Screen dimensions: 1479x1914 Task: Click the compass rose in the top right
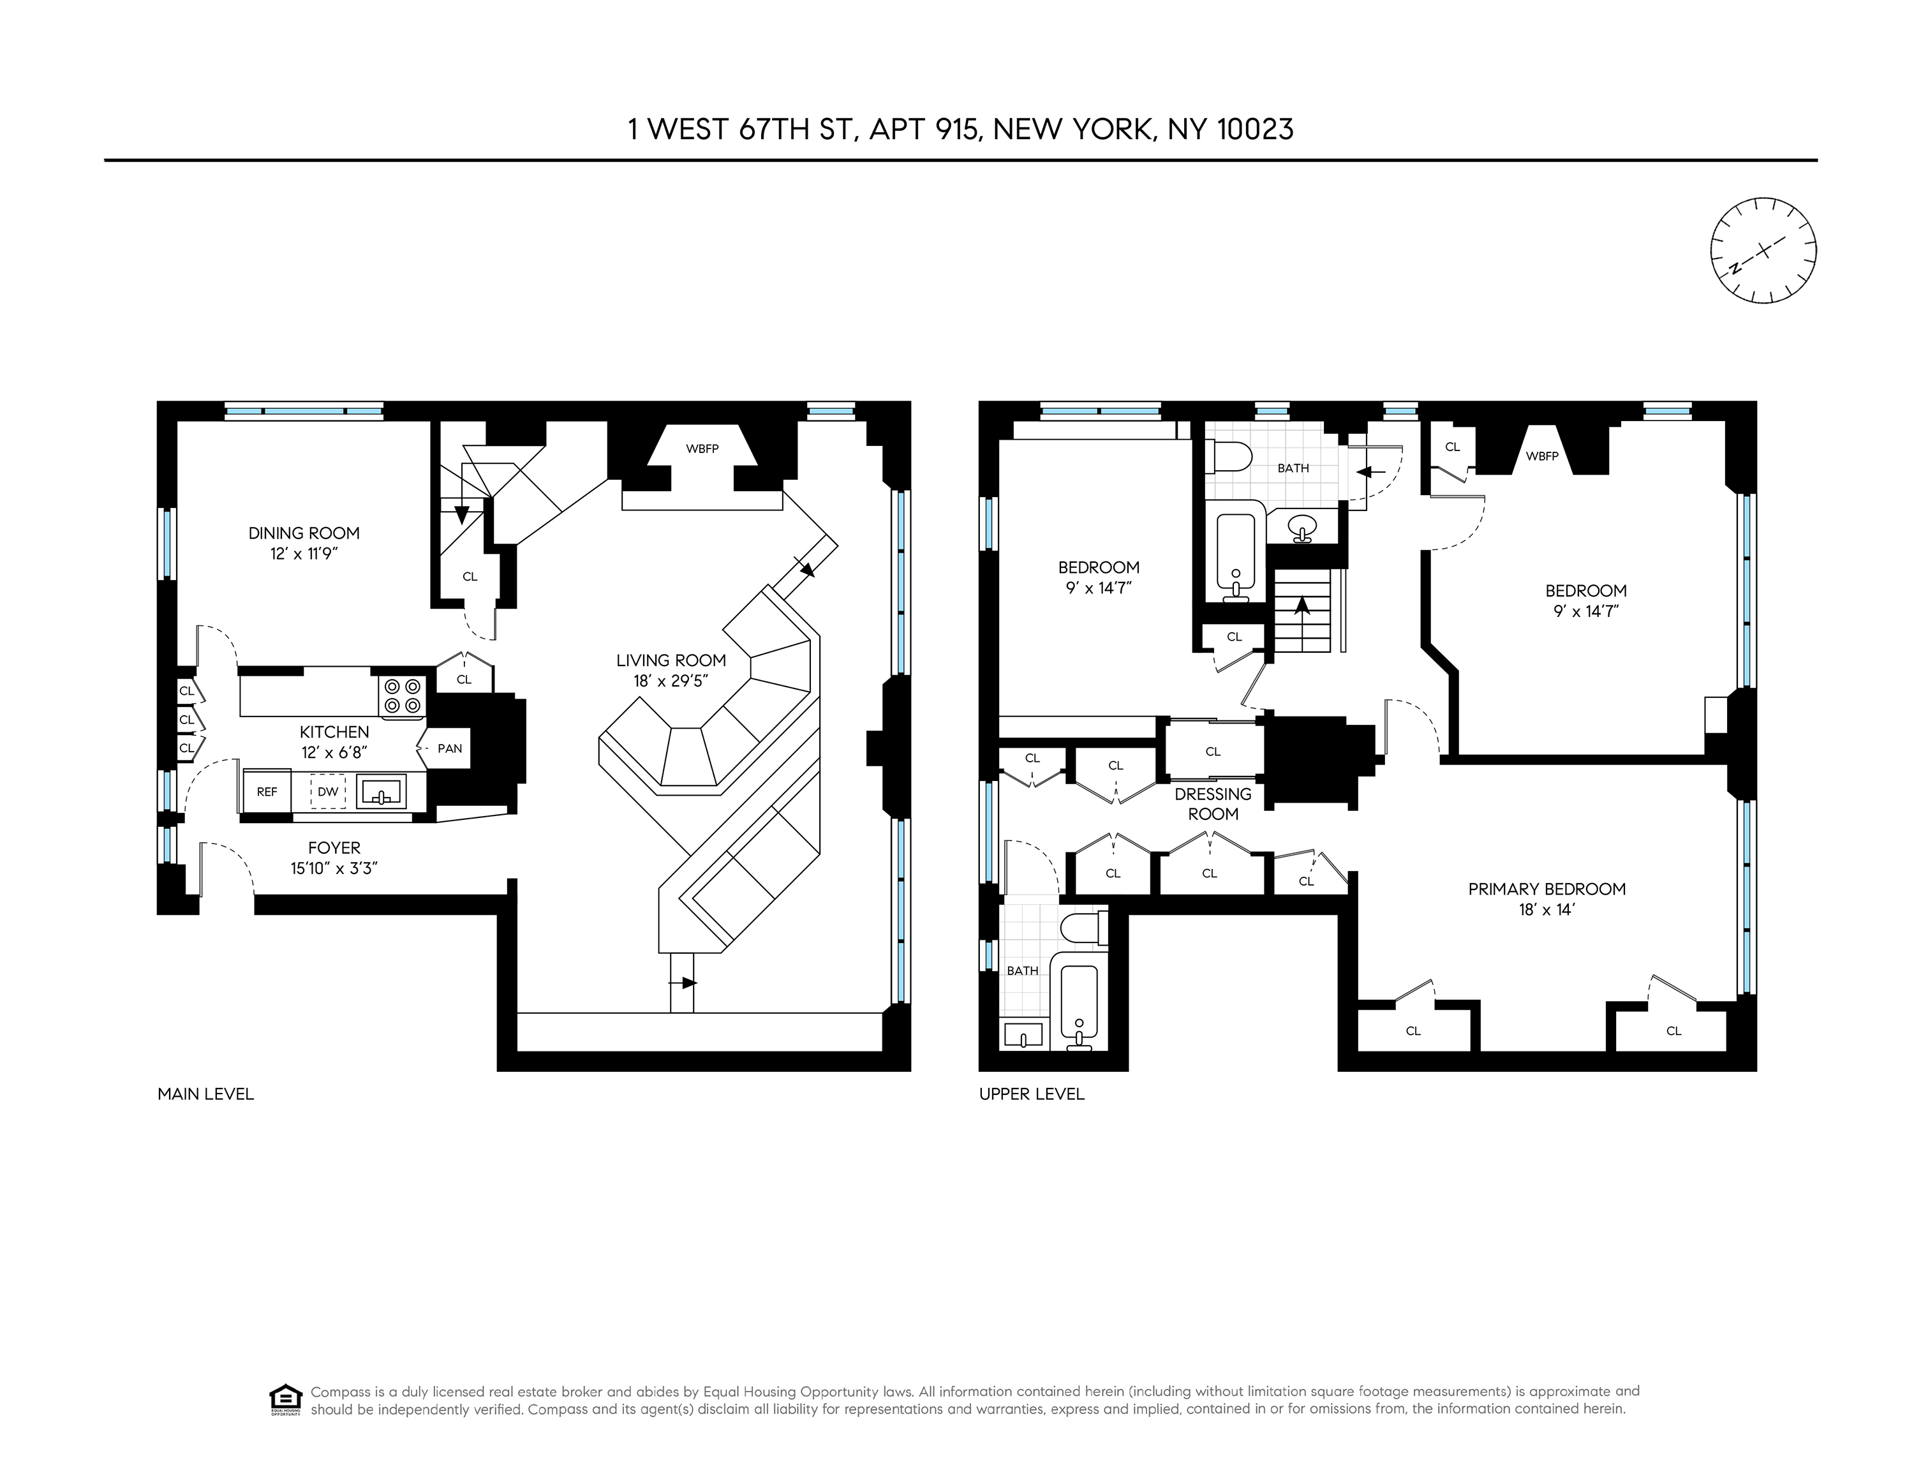tap(1763, 251)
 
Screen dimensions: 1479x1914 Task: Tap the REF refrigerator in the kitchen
tap(267, 791)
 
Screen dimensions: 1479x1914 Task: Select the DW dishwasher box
tap(328, 791)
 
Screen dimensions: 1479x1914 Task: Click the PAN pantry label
tap(450, 748)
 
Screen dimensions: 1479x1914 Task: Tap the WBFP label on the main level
tap(702, 449)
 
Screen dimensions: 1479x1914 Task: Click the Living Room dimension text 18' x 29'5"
tap(671, 680)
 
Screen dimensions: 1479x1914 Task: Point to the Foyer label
tap(334, 847)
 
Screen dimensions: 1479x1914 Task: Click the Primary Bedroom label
tap(1547, 888)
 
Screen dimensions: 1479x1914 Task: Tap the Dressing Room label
tap(1213, 803)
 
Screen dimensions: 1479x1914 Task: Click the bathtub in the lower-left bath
tap(1079, 1003)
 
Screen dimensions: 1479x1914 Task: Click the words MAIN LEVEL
tap(206, 1094)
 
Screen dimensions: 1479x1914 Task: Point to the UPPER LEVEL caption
tap(1032, 1094)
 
